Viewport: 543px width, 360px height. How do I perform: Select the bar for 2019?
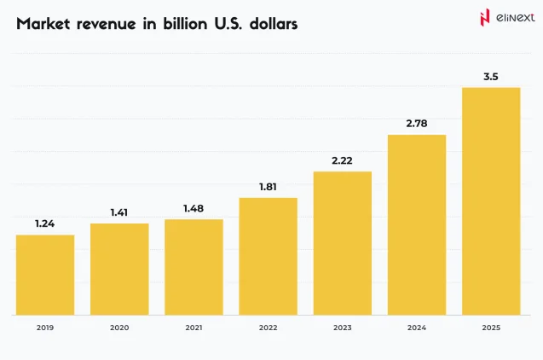point(45,275)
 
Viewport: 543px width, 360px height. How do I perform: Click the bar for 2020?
point(119,269)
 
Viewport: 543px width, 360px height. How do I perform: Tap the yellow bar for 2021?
point(194,267)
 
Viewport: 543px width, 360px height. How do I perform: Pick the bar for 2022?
point(268,256)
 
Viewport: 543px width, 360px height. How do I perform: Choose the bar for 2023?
point(342,243)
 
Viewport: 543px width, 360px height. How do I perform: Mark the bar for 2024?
point(416,224)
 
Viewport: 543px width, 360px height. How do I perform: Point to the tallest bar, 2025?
point(490,201)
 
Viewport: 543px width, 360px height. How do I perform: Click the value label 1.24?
point(45,224)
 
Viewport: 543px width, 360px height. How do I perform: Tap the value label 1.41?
point(119,212)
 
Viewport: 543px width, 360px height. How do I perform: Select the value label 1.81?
point(268,186)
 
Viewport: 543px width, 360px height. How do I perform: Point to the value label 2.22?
point(342,160)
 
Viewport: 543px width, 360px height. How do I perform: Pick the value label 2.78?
point(416,123)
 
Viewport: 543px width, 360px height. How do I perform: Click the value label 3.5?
point(490,77)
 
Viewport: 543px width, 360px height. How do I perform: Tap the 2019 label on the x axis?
point(45,327)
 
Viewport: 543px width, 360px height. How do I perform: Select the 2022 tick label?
point(268,327)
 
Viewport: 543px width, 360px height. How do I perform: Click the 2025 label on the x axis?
point(490,327)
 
